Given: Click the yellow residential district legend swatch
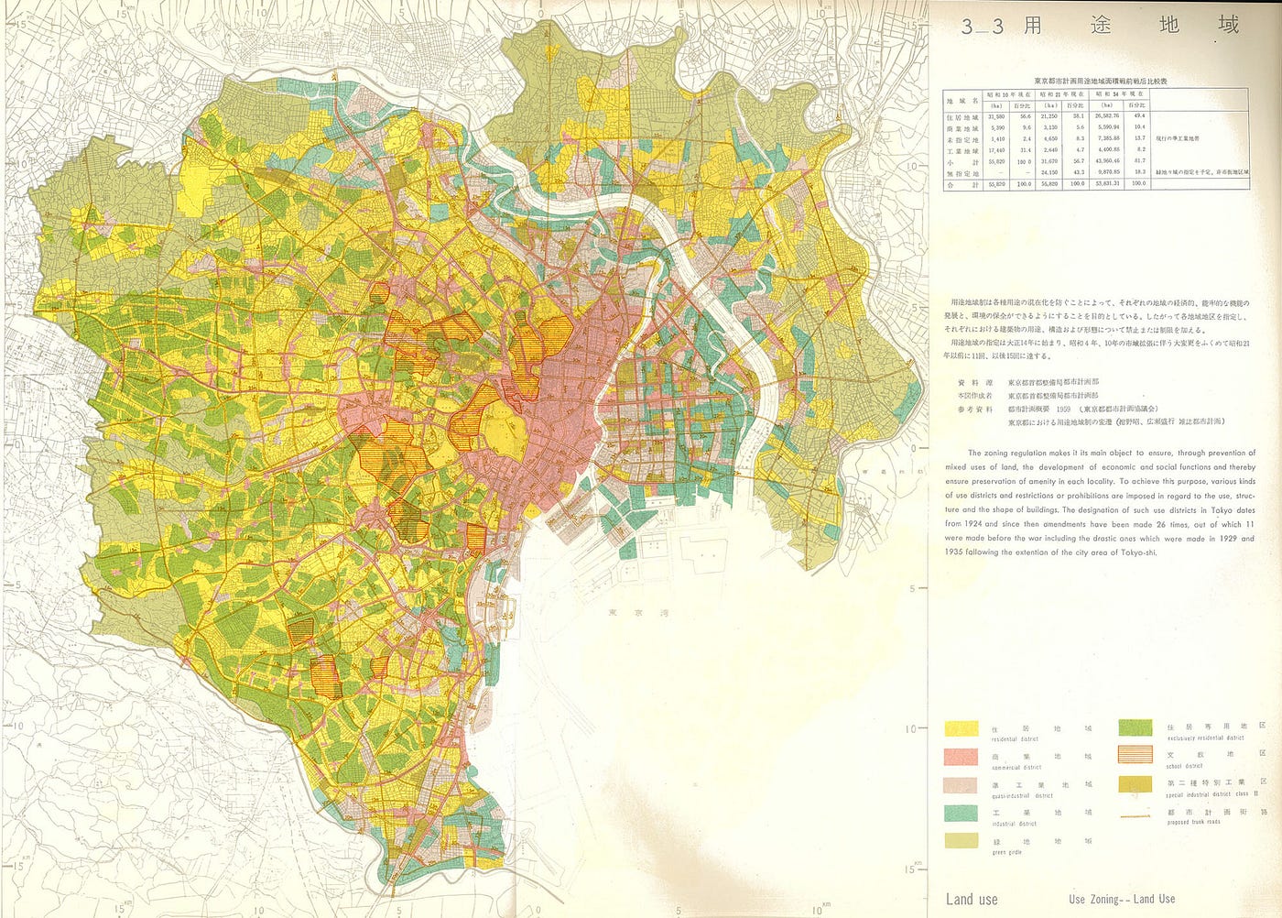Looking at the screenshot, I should (961, 729).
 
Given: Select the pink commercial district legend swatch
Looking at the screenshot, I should (961, 757).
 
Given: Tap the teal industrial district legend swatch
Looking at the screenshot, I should (961, 814).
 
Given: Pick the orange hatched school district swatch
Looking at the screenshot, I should (1135, 755).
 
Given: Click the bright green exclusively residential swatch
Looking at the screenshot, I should (1135, 728).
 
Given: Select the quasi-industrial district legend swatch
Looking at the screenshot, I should (961, 785).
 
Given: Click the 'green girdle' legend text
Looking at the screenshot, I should (1007, 853).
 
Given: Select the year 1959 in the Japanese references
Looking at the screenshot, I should (1063, 409).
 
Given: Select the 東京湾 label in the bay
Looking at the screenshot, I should (628, 612).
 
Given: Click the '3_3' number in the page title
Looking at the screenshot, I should (982, 27).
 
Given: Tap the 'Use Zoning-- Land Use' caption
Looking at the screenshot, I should (1122, 899).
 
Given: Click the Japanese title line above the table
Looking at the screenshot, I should (1096, 81).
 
